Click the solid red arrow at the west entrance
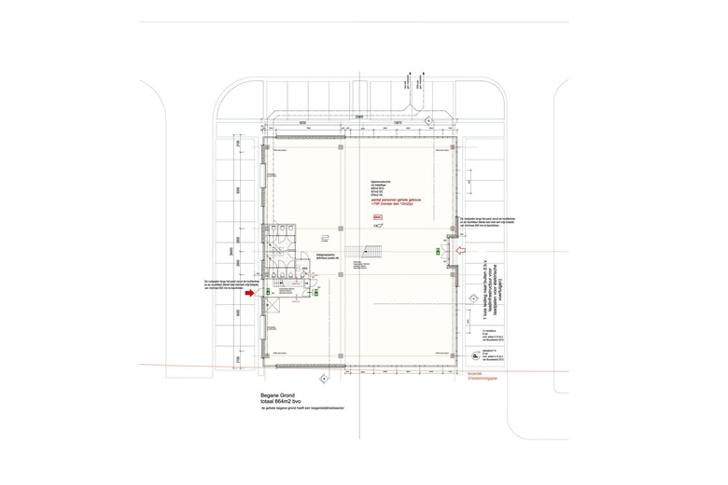[x=248, y=293]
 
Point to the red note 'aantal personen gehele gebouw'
[x=397, y=200]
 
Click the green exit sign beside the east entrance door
[x=439, y=251]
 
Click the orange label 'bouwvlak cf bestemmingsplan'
[x=483, y=376]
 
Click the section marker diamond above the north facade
[x=428, y=120]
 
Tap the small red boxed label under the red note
[x=378, y=216]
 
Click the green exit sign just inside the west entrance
[x=268, y=293]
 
